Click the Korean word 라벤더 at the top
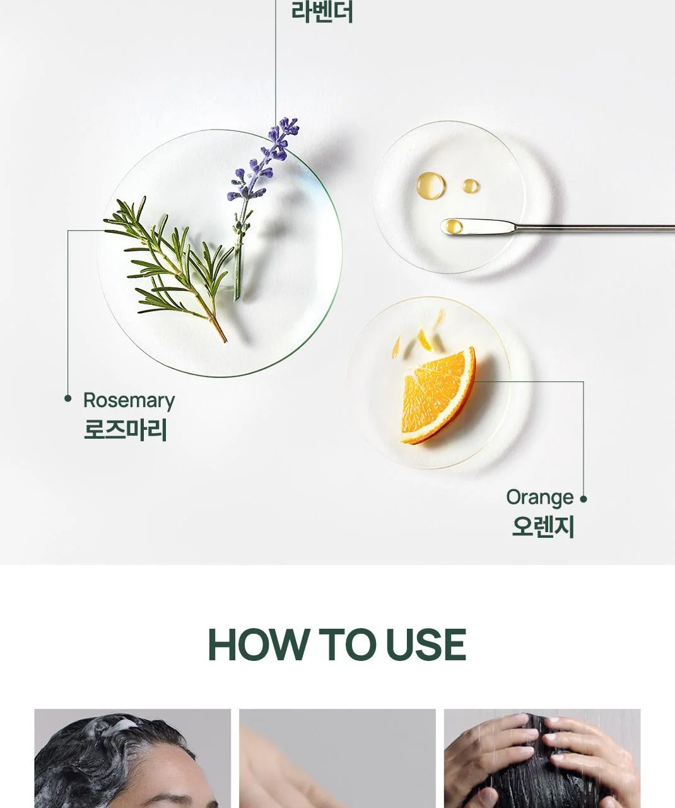[x=322, y=12]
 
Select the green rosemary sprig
[x=170, y=267]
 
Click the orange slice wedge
[x=438, y=396]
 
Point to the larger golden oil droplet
[x=430, y=186]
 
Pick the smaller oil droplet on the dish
[x=471, y=186]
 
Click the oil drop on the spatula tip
[x=454, y=227]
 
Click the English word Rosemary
[x=129, y=401]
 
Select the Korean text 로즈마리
[x=126, y=430]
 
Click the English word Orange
[x=540, y=498]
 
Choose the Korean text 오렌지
[x=543, y=526]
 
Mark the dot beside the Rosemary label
[x=68, y=398]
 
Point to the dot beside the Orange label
[x=584, y=499]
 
